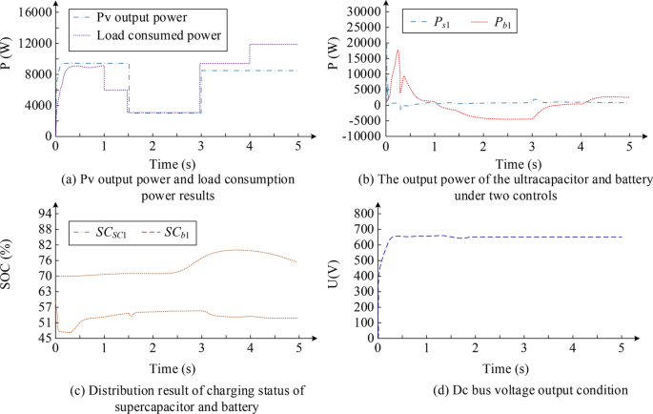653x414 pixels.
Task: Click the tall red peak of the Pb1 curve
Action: [398, 50]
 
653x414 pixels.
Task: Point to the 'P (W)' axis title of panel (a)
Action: [11, 73]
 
